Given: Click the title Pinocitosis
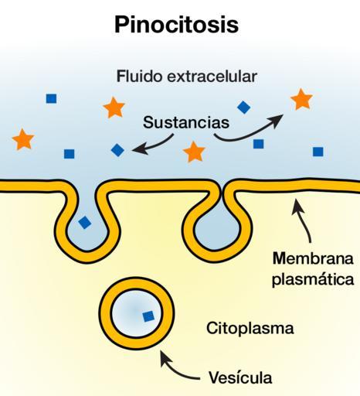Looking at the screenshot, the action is pyautogui.click(x=177, y=25).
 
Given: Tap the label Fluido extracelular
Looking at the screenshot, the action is pyautogui.click(x=187, y=77).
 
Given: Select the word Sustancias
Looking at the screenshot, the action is pyautogui.click(x=186, y=122).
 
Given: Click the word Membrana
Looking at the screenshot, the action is pyautogui.click(x=313, y=258).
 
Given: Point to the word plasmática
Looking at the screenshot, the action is pyautogui.click(x=313, y=279).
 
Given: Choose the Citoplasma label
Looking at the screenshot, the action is pyautogui.click(x=250, y=329).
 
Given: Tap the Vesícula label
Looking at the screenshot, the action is pyautogui.click(x=240, y=377).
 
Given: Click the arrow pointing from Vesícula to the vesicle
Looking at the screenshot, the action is pyautogui.click(x=175, y=370).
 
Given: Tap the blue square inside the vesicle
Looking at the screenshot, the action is pyautogui.click(x=148, y=316).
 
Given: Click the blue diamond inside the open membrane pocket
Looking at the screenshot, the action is pyautogui.click(x=85, y=223).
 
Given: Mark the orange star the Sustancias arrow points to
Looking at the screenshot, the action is pyautogui.click(x=301, y=99).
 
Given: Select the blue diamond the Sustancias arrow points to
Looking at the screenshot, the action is pyautogui.click(x=117, y=150).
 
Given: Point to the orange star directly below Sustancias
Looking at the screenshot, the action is pyautogui.click(x=194, y=152).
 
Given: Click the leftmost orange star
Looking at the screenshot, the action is pyautogui.click(x=23, y=139).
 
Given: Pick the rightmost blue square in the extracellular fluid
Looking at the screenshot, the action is pyautogui.click(x=318, y=152).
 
